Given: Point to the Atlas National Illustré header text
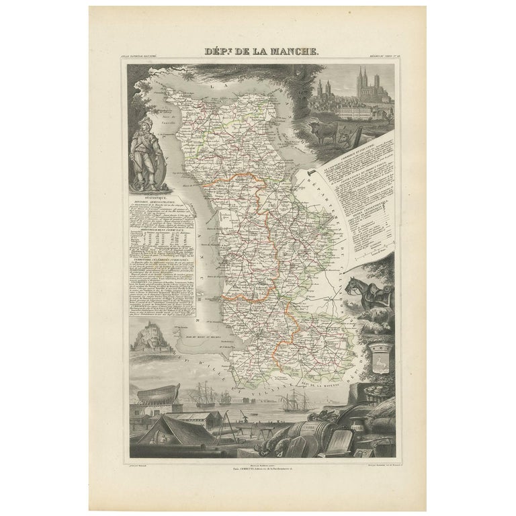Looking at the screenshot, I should coord(144,57).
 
